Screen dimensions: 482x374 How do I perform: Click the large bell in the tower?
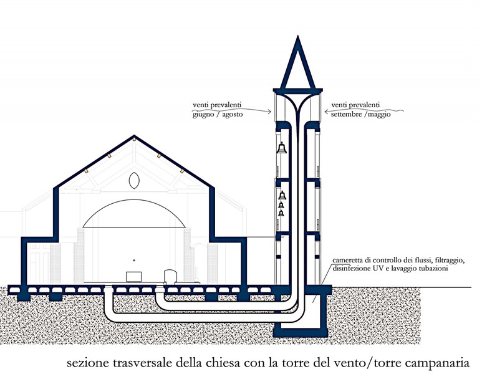[x=282, y=148]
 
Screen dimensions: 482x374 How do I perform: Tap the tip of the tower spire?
[x=297, y=36]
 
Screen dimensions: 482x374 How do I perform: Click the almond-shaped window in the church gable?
[x=134, y=180]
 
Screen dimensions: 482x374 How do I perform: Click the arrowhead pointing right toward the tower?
[x=269, y=112]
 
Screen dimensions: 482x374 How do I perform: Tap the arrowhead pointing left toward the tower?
[x=327, y=112]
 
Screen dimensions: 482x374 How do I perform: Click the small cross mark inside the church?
[x=134, y=261]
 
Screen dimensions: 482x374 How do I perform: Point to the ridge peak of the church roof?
[x=134, y=135]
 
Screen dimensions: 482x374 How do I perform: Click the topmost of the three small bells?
[x=282, y=195]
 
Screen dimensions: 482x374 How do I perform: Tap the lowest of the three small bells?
[x=281, y=213]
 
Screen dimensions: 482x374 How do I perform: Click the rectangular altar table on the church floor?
[x=133, y=277]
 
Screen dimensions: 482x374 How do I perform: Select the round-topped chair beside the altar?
[x=171, y=276]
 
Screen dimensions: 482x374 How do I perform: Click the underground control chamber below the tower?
[x=312, y=309]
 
